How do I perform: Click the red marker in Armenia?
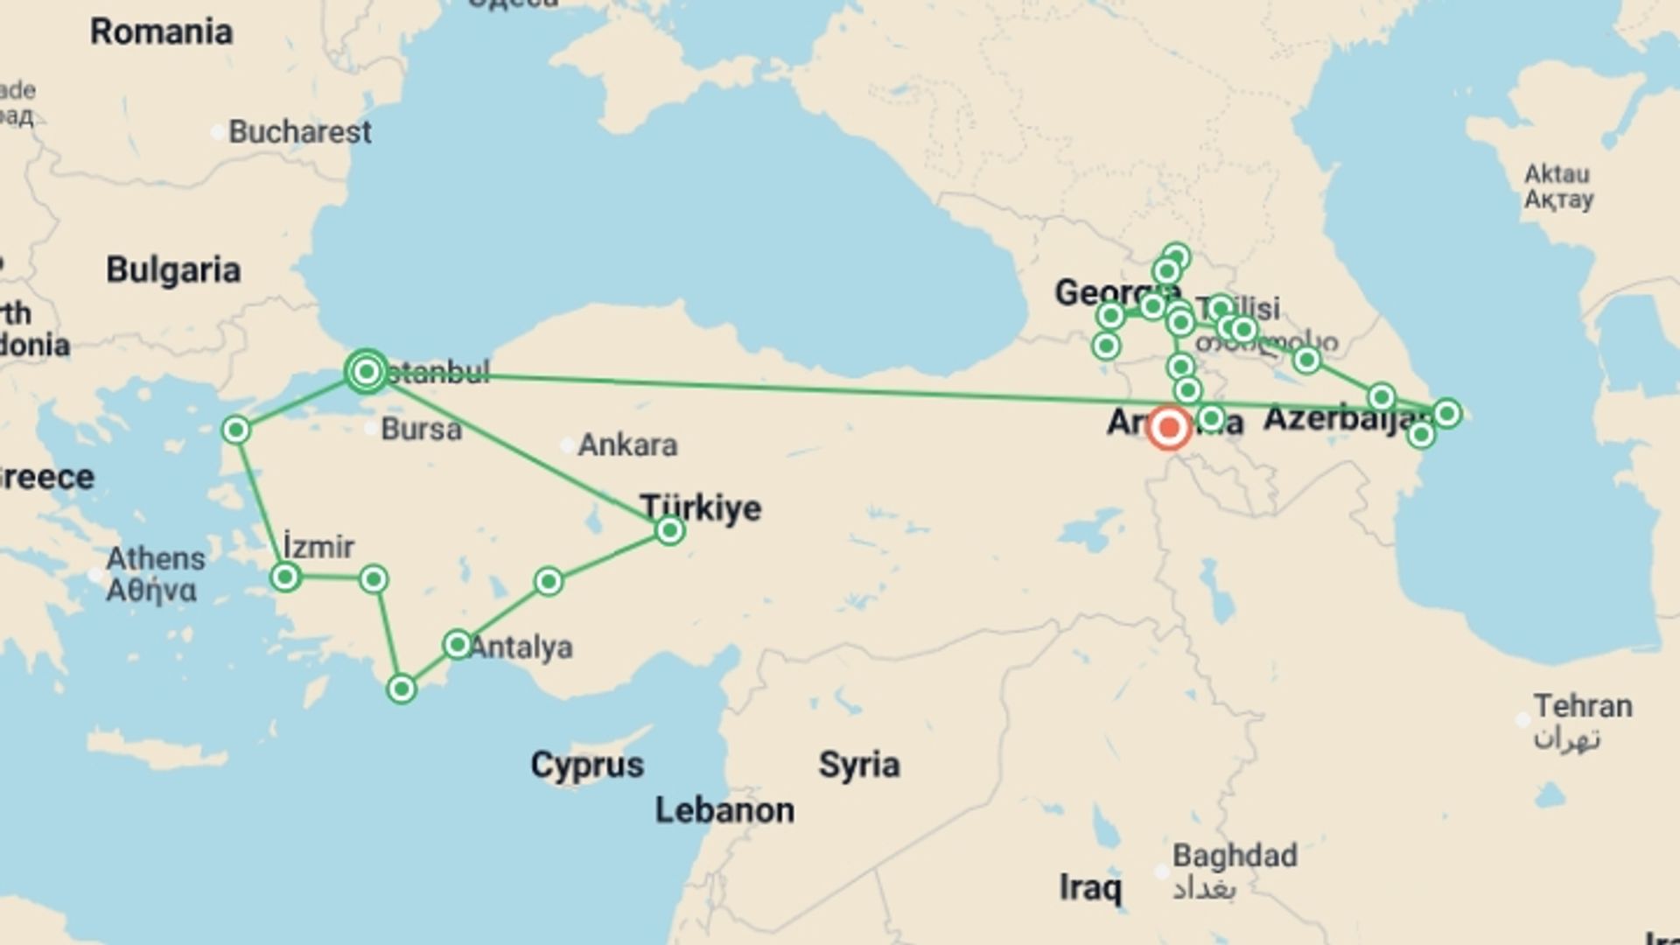click(1168, 429)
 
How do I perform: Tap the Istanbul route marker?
click(367, 373)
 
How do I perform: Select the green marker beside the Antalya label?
click(457, 645)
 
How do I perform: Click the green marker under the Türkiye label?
click(669, 530)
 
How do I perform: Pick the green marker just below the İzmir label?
click(285, 577)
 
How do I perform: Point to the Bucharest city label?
click(299, 132)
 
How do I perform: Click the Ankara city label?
click(626, 445)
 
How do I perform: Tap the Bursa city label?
click(420, 430)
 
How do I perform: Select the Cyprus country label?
click(586, 765)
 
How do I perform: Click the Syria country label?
click(858, 765)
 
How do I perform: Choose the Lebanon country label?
click(724, 810)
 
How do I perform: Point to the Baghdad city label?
click(1234, 856)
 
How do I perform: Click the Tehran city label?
click(1582, 706)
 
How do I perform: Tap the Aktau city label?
click(1557, 174)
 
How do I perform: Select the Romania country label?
click(161, 32)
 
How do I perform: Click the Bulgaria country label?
click(173, 270)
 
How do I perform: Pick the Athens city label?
click(155, 559)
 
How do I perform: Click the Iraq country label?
click(1089, 888)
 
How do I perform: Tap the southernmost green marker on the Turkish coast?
click(402, 689)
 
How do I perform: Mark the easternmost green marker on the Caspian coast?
click(1446, 413)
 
